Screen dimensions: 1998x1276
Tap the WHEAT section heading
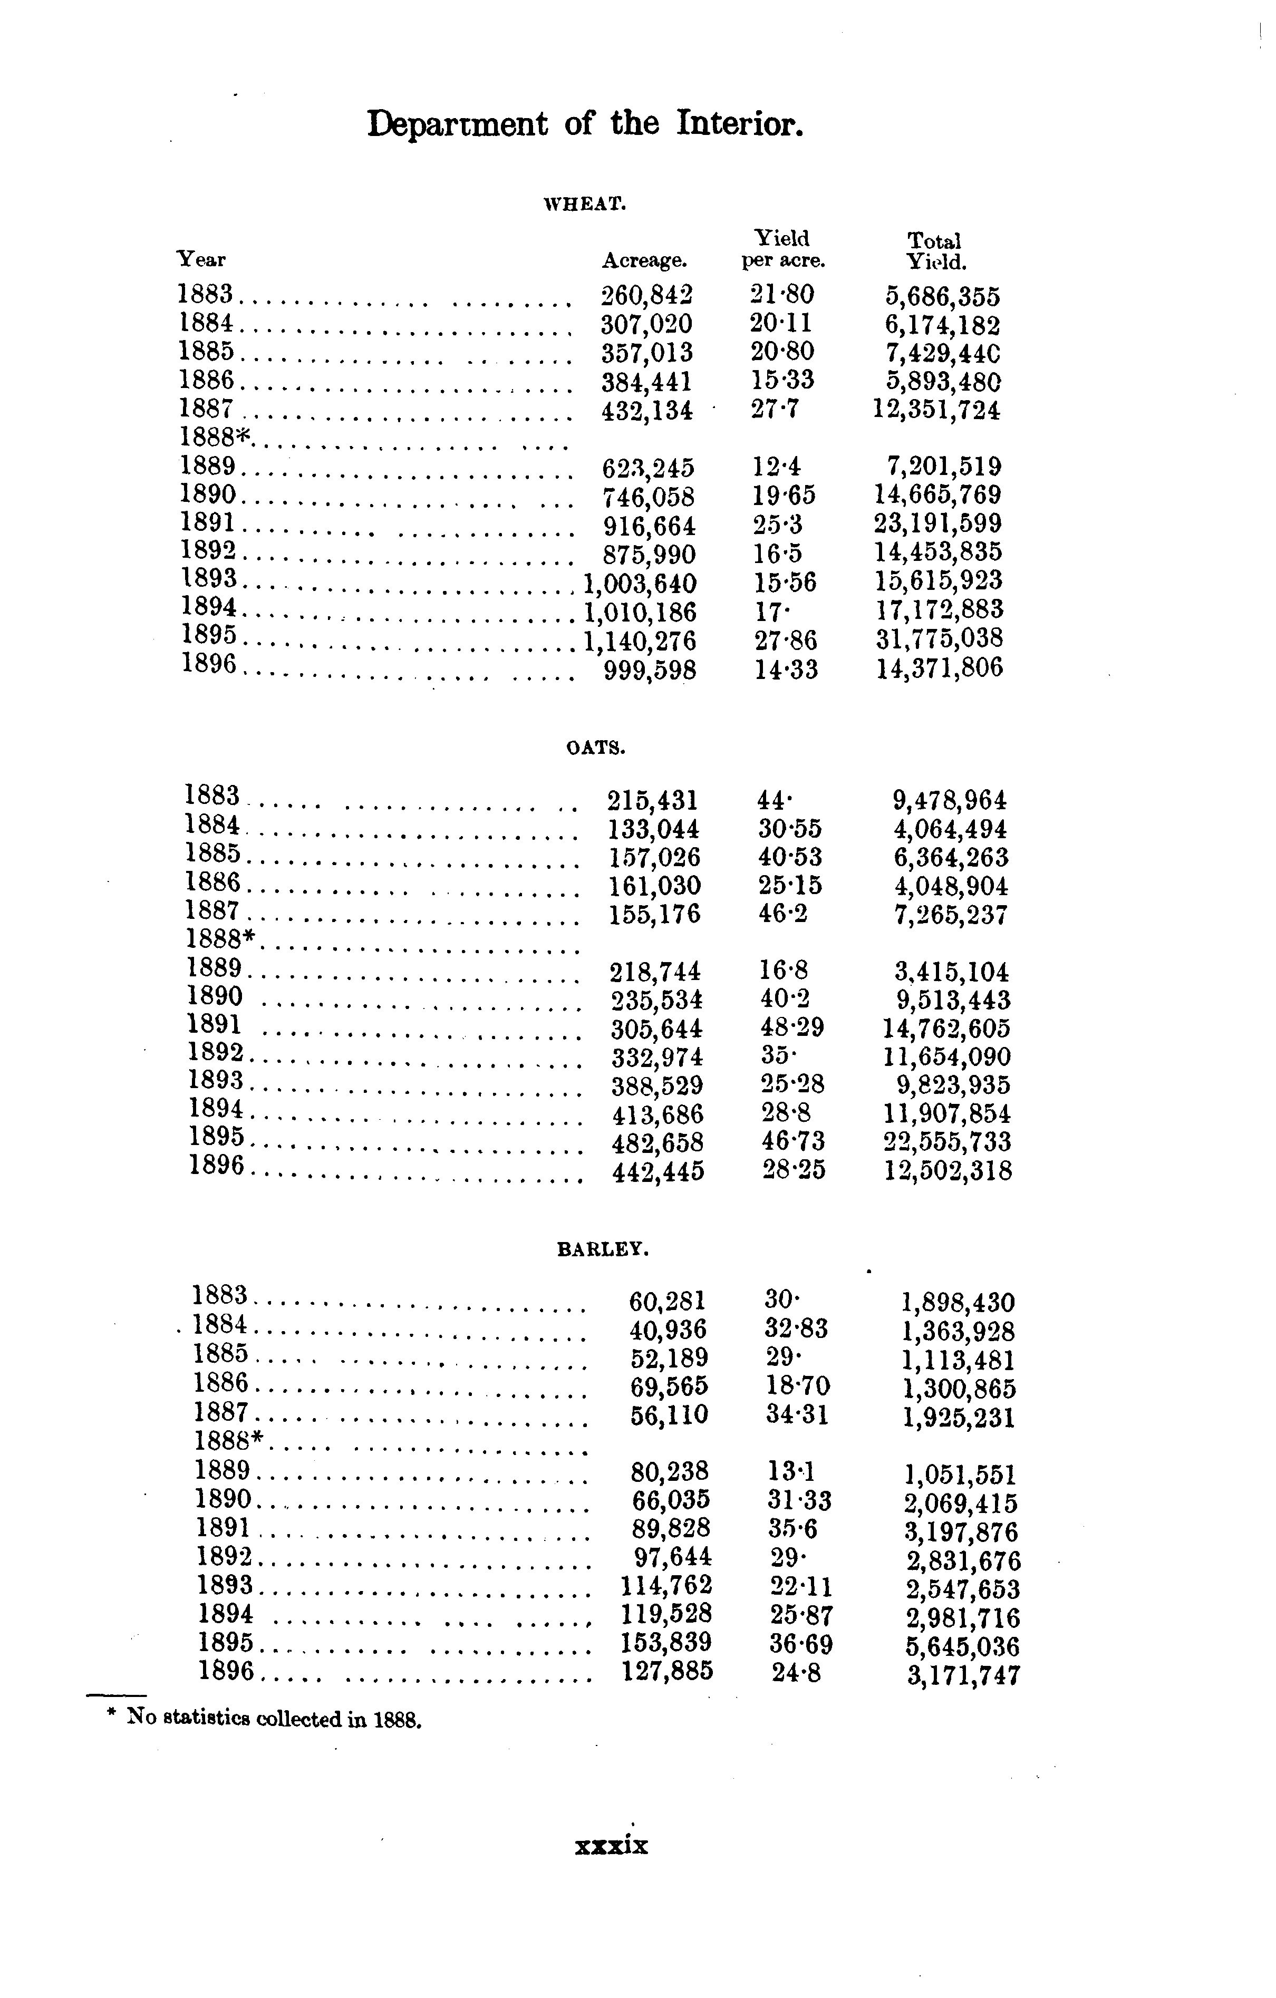pyautogui.click(x=583, y=204)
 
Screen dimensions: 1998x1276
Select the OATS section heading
pyautogui.click(x=595, y=748)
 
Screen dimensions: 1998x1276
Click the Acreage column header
pyautogui.click(x=645, y=260)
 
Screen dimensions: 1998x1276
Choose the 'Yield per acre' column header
pyautogui.click(x=783, y=250)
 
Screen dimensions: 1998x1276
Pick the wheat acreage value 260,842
pyautogui.click(x=646, y=295)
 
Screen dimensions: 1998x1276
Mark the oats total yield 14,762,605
pyautogui.click(x=946, y=1029)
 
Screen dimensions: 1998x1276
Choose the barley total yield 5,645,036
pyautogui.click(x=962, y=1646)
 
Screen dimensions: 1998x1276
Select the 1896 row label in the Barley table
pyautogui.click(x=226, y=1670)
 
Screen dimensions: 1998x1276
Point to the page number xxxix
pyautogui.click(x=612, y=1845)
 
